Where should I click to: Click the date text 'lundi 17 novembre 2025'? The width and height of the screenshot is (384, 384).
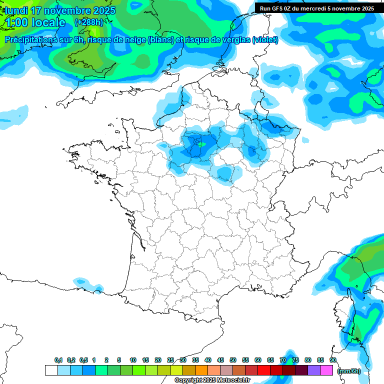(60, 10)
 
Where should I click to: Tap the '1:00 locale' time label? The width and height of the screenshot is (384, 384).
(35, 22)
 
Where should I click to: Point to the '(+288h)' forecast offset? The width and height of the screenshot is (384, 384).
(88, 22)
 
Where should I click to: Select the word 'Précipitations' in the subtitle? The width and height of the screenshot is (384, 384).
(31, 40)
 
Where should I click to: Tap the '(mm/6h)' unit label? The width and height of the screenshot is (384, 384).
(348, 371)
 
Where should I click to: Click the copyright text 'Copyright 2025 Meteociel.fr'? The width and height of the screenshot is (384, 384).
(212, 380)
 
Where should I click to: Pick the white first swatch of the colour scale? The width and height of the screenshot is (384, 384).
(51, 370)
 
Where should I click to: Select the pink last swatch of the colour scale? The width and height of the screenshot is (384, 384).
(326, 370)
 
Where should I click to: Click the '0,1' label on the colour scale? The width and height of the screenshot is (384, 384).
(58, 360)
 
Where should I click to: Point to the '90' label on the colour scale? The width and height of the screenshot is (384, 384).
(333, 360)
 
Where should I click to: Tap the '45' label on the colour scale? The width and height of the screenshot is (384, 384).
(220, 360)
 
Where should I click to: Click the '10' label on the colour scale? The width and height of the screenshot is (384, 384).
(133, 360)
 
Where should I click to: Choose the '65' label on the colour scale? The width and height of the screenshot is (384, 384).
(270, 360)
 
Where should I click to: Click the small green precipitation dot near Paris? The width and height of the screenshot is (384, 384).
(200, 144)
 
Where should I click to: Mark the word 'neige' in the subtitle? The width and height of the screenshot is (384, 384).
(133, 40)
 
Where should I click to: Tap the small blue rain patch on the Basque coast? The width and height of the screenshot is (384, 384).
(82, 283)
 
